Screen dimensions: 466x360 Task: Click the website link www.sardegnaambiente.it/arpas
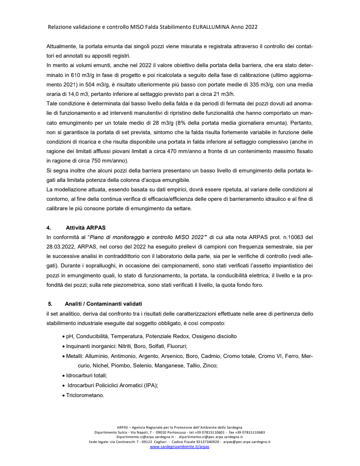tap(180, 447)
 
